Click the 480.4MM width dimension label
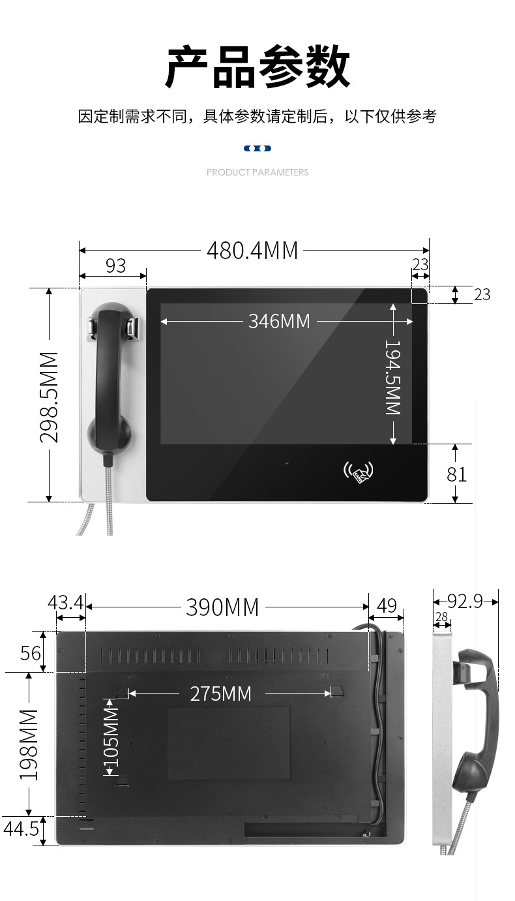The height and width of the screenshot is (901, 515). tap(252, 251)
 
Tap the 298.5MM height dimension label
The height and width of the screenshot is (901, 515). tap(49, 397)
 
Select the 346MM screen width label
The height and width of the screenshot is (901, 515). tap(279, 322)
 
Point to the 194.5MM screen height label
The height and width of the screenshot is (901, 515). tap(393, 377)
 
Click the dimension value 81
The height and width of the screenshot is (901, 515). tap(456, 474)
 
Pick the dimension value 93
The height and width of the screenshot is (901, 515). tap(116, 266)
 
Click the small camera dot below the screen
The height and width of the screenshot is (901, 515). tap(287, 463)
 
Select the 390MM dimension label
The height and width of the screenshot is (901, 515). tap(222, 607)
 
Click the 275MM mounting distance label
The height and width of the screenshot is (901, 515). tap(221, 694)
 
